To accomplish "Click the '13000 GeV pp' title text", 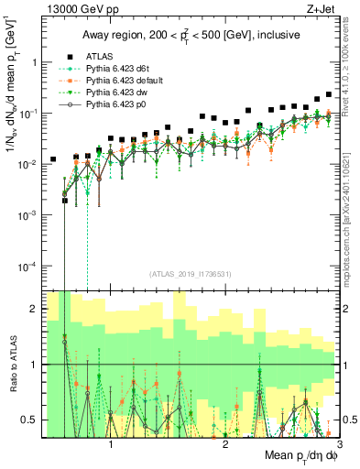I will point(73,8).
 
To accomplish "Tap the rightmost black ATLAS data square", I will point(330,93).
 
